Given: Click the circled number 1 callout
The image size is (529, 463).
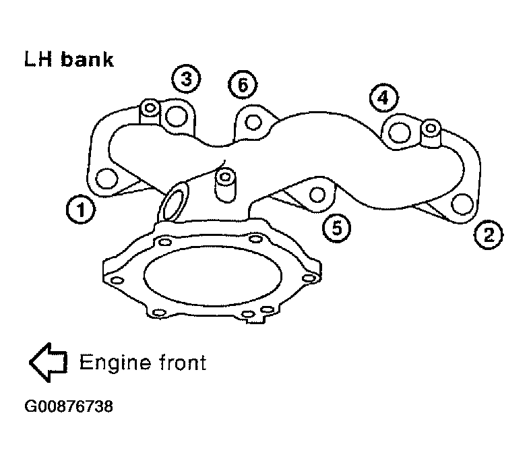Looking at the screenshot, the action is click(81, 210).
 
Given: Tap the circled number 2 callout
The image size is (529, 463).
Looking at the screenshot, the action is click(488, 235).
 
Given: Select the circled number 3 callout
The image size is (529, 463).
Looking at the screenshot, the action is click(186, 78).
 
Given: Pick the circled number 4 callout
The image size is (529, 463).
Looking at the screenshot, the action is click(383, 98).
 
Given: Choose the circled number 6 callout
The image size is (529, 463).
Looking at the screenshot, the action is click(243, 84).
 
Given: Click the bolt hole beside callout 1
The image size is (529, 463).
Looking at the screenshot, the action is click(106, 178).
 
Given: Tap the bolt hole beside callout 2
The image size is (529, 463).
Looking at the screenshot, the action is click(462, 204).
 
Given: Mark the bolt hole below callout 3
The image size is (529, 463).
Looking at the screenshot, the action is click(176, 116).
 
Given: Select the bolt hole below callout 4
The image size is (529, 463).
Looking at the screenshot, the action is click(400, 132).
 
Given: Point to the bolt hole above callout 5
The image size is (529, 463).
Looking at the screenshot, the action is click(317, 194).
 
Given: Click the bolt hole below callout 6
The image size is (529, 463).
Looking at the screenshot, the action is click(253, 122).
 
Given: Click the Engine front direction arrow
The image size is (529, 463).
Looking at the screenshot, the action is click(49, 363).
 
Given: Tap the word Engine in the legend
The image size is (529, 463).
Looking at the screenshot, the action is click(115, 363).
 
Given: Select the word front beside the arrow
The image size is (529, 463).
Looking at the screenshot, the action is click(183, 363).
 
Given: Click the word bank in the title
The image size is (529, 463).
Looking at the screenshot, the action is click(88, 60).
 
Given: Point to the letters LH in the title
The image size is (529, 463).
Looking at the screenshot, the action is click(38, 60).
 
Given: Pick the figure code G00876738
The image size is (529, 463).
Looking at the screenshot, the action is click(69, 406).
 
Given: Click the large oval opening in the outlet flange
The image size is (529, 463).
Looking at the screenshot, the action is click(212, 276).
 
